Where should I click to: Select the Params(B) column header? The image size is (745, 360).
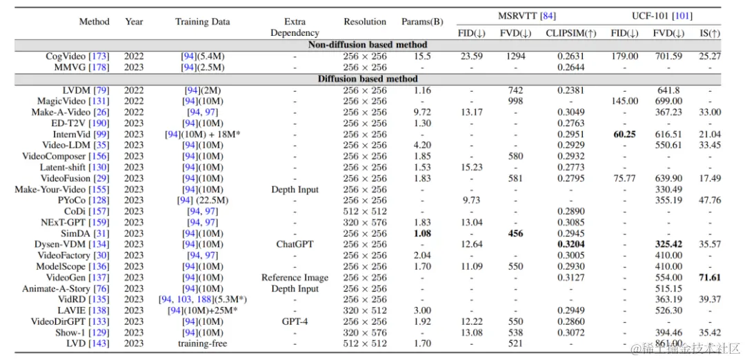pyautogui.click(x=421, y=21)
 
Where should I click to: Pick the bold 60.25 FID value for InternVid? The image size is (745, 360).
pyautogui.click(x=624, y=134)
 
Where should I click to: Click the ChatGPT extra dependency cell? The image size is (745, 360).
pyautogui.click(x=295, y=244)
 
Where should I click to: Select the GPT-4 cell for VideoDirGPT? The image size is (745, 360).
pyautogui.click(x=295, y=321)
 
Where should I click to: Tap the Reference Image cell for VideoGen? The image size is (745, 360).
pyautogui.click(x=295, y=277)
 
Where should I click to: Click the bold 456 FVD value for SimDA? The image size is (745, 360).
pyautogui.click(x=515, y=233)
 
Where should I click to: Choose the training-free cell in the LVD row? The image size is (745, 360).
pyautogui.click(x=202, y=343)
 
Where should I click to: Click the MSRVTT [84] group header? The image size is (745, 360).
pyautogui.click(x=526, y=16)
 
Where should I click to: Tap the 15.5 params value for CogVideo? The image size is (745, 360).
pyautogui.click(x=422, y=57)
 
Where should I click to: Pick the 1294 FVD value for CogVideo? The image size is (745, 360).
pyautogui.click(x=515, y=57)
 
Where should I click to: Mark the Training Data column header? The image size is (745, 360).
pyautogui.click(x=202, y=21)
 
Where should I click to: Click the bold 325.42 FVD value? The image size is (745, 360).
pyautogui.click(x=668, y=244)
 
